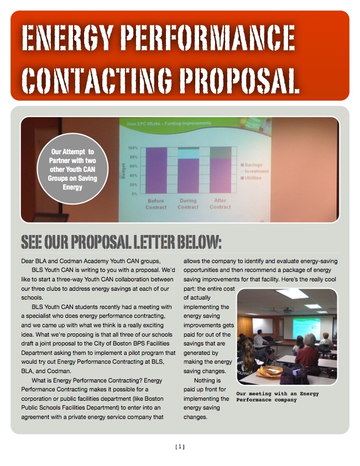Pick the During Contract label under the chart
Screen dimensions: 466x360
[188, 204]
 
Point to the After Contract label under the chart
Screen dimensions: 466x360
[220, 204]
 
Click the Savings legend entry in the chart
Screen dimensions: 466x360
[254, 165]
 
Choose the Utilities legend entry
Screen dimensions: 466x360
[254, 178]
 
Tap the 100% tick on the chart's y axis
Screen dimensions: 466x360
[133, 149]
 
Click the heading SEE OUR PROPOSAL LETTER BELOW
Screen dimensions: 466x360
[121, 242]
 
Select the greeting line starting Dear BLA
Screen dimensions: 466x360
[91, 261]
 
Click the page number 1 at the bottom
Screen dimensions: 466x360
[180, 447]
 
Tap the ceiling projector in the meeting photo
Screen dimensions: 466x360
[288, 310]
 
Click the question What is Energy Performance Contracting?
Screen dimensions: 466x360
[97, 380]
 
